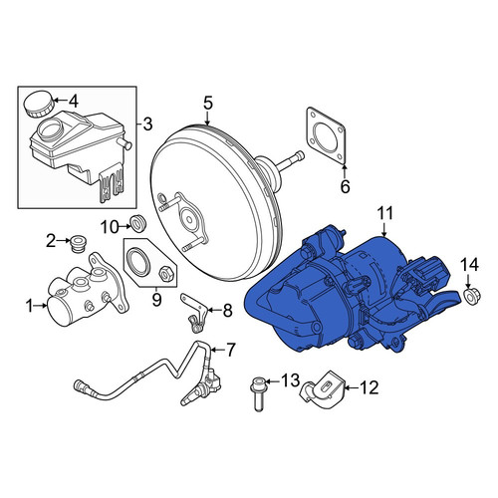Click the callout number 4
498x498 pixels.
pyautogui.click(x=73, y=102)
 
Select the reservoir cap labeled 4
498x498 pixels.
pyautogui.click(x=39, y=104)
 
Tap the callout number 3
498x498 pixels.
pyautogui.click(x=147, y=124)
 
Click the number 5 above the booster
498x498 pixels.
pyautogui.click(x=207, y=103)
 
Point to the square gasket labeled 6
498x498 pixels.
pyautogui.click(x=326, y=135)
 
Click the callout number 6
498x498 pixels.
pyautogui.click(x=346, y=186)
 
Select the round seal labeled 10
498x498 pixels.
pyautogui.click(x=138, y=223)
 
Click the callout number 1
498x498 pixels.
pyautogui.click(x=30, y=306)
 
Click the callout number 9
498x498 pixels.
pyautogui.click(x=156, y=300)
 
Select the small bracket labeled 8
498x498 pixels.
pyautogui.click(x=194, y=312)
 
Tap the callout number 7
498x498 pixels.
pyautogui.click(x=230, y=350)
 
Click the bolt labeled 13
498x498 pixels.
pyautogui.click(x=258, y=393)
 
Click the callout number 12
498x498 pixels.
pyautogui.click(x=369, y=387)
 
